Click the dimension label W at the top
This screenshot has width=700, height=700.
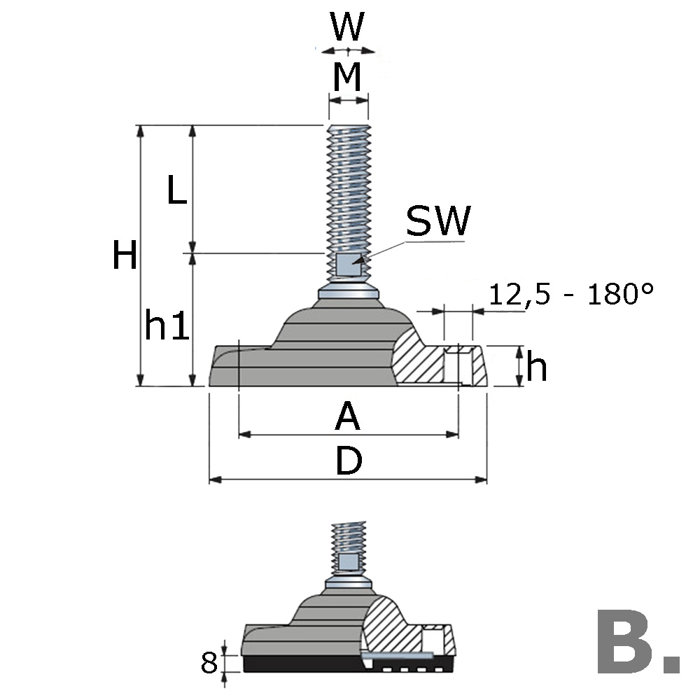tap(348, 28)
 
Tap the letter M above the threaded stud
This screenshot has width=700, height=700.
tap(348, 77)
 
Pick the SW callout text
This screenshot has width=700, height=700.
tap(439, 223)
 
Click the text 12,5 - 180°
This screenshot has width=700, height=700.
tap(571, 294)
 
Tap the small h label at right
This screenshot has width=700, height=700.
tap(536, 367)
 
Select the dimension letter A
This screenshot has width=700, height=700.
tap(347, 418)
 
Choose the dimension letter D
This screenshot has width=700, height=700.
tap(348, 462)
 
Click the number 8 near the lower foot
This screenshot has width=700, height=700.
tap(209, 662)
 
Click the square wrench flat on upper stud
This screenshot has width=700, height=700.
tap(347, 264)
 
